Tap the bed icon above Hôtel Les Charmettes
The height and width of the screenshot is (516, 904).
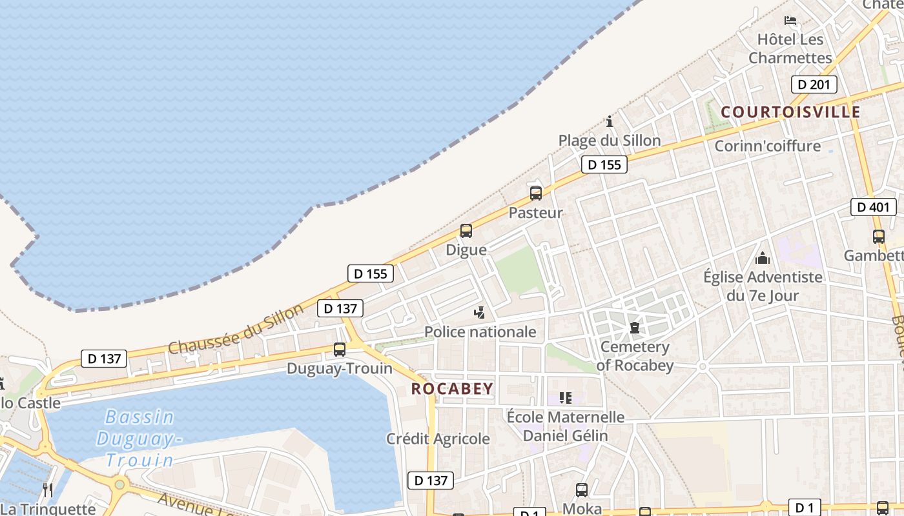pos(790,20)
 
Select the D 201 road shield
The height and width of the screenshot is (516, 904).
pos(814,84)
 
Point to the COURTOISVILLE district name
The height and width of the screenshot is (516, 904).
pos(790,112)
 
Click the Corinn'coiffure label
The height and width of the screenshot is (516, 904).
pos(767,146)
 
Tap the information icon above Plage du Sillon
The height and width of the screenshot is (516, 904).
pos(609,121)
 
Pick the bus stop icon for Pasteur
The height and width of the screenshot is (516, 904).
pos(535,193)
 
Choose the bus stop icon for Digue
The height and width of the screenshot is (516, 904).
pos(466,230)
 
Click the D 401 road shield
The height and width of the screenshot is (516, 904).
pos(873,207)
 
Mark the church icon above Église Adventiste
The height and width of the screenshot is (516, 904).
pos(763,258)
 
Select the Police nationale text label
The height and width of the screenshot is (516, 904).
pos(480,332)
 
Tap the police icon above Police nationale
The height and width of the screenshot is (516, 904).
pos(479,313)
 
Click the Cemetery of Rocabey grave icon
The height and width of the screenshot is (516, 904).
pos(635,328)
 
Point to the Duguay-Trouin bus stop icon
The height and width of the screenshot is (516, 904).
pos(339,350)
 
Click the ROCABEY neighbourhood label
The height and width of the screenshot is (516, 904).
pos(452,389)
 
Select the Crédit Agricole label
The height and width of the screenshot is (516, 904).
pos(438,439)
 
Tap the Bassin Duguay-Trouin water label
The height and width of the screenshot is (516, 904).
pos(139,439)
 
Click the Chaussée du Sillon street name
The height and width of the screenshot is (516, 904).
pos(236,329)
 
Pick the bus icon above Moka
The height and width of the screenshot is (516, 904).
pos(581,490)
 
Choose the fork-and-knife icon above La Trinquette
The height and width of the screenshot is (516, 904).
pos(47,490)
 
